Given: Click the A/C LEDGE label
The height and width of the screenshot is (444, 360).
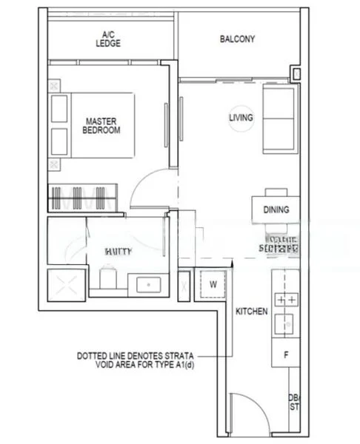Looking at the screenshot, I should pyautogui.click(x=108, y=38).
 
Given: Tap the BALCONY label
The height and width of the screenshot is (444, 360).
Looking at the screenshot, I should pyautogui.click(x=238, y=39).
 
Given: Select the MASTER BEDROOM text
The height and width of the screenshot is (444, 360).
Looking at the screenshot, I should pyautogui.click(x=102, y=125).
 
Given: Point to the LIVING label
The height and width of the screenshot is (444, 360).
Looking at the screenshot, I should pyautogui.click(x=241, y=118).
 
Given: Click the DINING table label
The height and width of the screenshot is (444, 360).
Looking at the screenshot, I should pyautogui.click(x=276, y=210).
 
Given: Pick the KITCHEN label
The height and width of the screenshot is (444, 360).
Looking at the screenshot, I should pyautogui.click(x=251, y=312).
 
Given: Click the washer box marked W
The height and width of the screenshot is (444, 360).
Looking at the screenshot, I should pyautogui.click(x=213, y=284).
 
